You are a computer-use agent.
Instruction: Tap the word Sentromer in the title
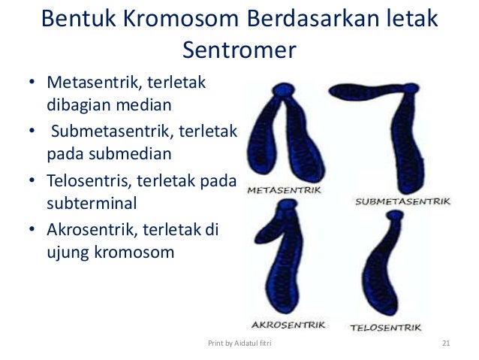tap(239, 50)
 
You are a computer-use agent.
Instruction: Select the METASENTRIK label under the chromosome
tap(285, 191)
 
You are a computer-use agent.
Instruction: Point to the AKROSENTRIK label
tap(288, 325)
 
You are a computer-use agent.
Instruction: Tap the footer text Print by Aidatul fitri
tap(239, 344)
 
